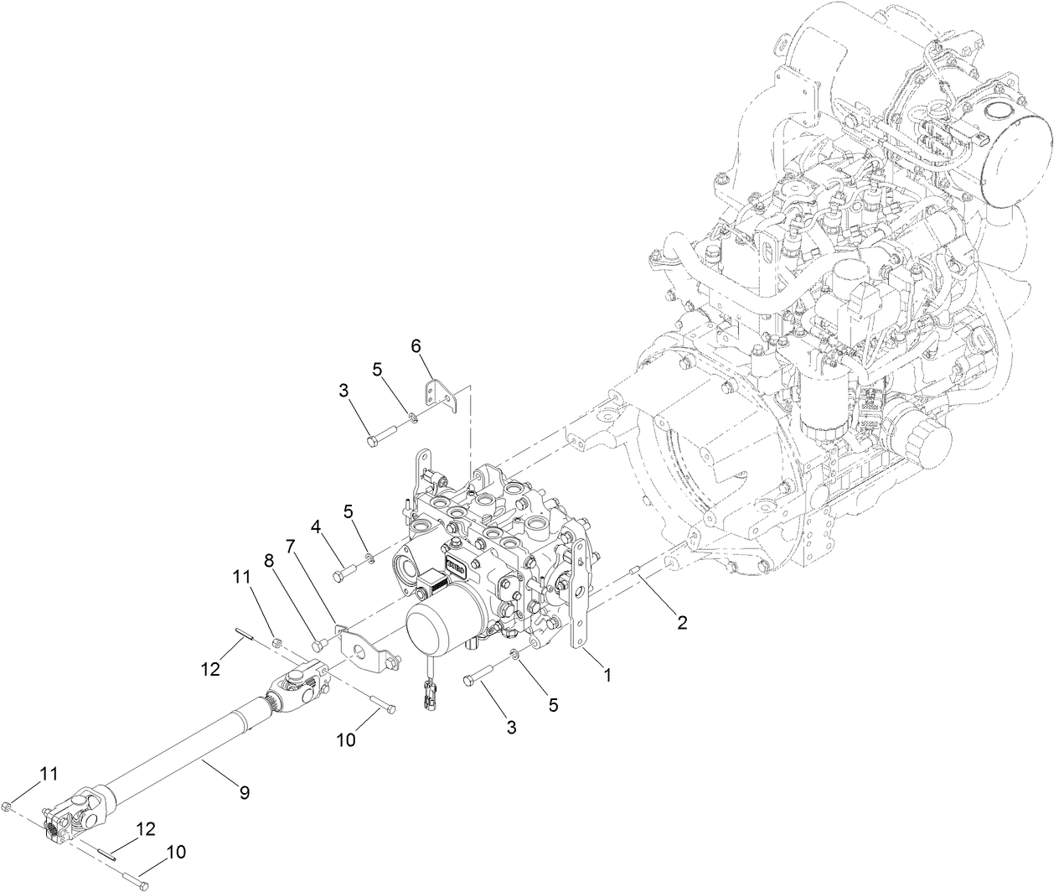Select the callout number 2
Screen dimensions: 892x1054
pyautogui.click(x=682, y=622)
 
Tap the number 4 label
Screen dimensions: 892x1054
pyautogui.click(x=317, y=526)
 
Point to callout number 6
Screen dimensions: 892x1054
pyautogui.click(x=417, y=345)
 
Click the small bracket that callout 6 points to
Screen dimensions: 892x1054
pyautogui.click(x=441, y=395)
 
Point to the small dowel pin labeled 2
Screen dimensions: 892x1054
pyautogui.click(x=636, y=574)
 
